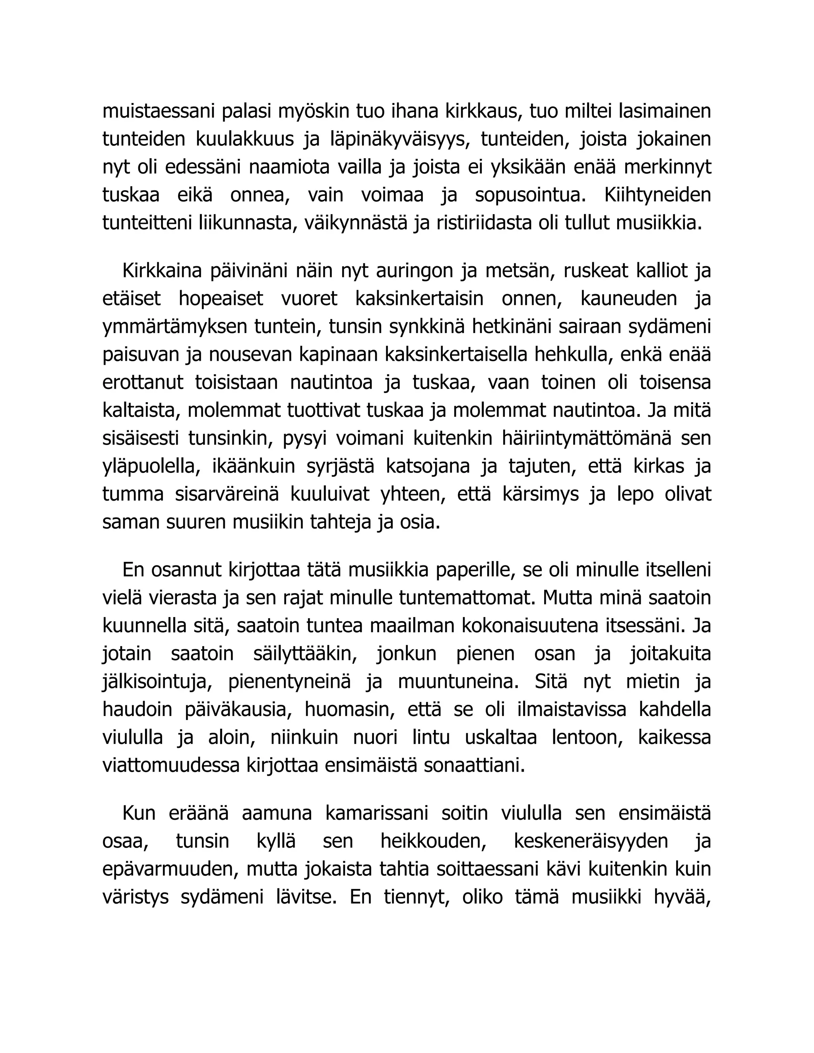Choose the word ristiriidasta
tap(502, 223)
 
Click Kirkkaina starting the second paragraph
tap(162, 271)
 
